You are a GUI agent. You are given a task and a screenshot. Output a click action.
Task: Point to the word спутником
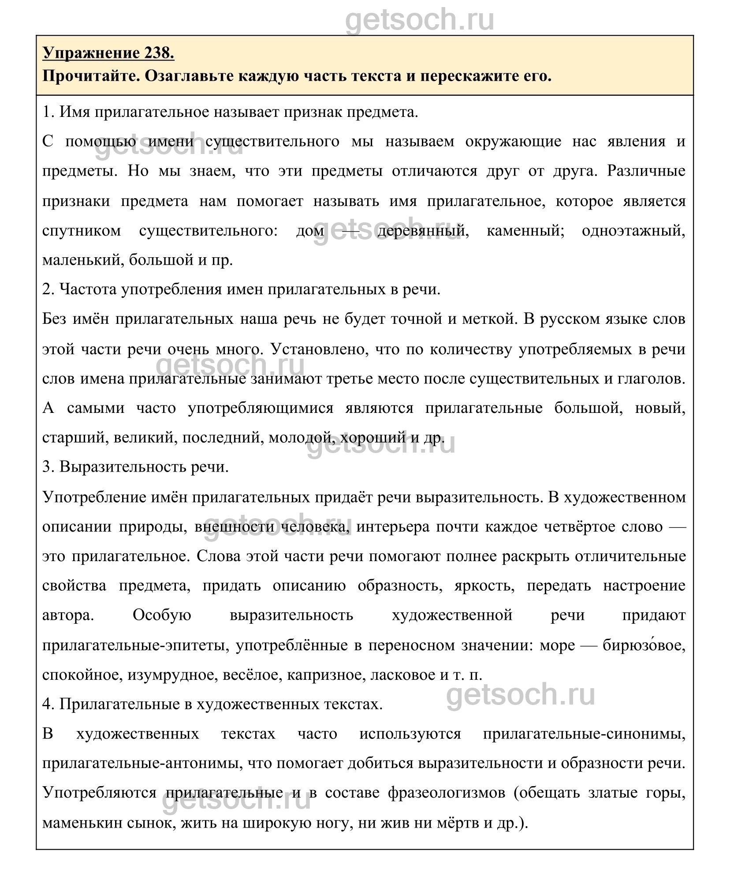click(82, 231)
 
